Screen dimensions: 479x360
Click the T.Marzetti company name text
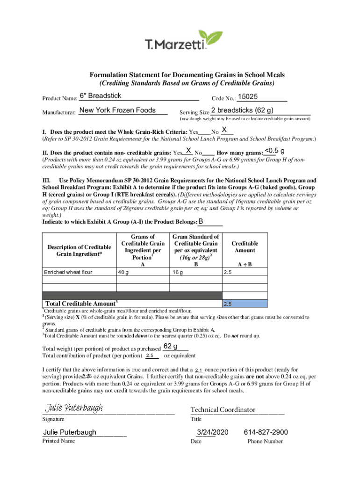pyautogui.click(x=175, y=45)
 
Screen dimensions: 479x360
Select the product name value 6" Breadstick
pyautogui.click(x=101, y=96)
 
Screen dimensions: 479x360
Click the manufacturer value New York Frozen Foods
pyautogui.click(x=117, y=110)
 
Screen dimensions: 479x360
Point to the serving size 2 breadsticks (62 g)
pyautogui.click(x=242, y=111)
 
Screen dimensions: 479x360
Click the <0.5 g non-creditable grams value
pyautogui.click(x=275, y=150)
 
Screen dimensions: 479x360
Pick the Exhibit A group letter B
pyautogui.click(x=201, y=221)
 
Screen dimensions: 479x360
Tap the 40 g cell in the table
pyautogui.click(x=124, y=272)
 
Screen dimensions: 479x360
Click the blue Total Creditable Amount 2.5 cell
pyautogui.click(x=245, y=304)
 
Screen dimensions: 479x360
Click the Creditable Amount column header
pyautogui.click(x=245, y=247)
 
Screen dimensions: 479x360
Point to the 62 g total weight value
pyautogui.click(x=170, y=347)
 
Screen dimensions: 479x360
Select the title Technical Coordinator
pyautogui.click(x=223, y=410)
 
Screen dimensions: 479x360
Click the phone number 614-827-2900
pyautogui.click(x=266, y=432)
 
